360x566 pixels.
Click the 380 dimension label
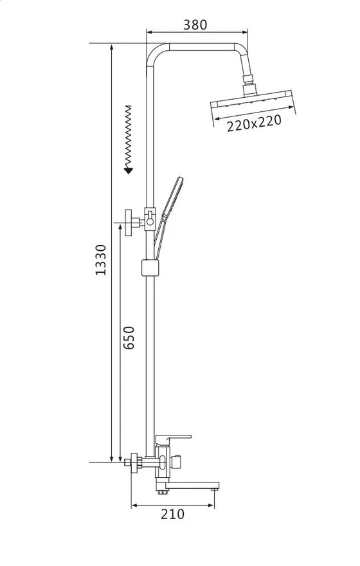click(195, 24)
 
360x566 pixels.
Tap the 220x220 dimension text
click(254, 123)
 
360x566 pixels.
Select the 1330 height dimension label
click(101, 260)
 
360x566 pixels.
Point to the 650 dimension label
click(129, 338)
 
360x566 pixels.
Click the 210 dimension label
click(172, 514)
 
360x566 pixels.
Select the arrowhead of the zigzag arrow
click(128, 170)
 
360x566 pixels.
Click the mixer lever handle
click(172, 440)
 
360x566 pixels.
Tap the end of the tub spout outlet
click(215, 489)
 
